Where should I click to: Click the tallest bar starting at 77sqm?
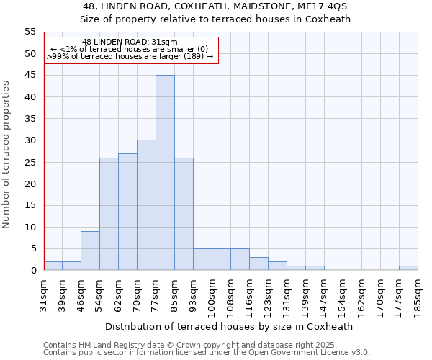click(x=165, y=173)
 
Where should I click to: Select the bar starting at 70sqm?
click(x=146, y=205)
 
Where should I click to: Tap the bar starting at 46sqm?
click(x=90, y=251)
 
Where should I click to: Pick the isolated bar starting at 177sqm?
click(x=408, y=268)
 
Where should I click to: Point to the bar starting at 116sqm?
click(x=258, y=264)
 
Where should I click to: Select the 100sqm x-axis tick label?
click(x=212, y=296)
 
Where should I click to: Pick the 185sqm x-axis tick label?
click(x=418, y=296)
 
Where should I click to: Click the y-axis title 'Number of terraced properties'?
click(x=7, y=155)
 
